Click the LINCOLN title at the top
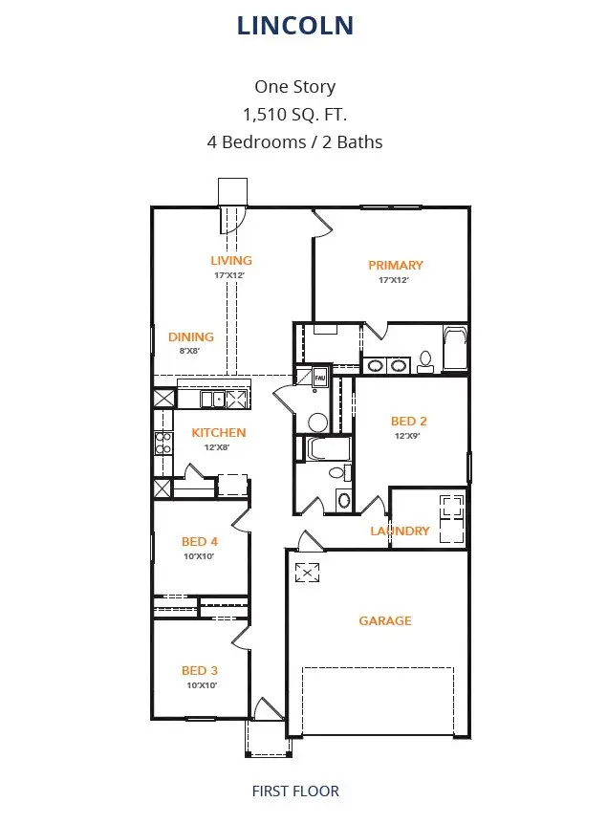[x=295, y=26]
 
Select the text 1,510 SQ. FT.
[x=294, y=115]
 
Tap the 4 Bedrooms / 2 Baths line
[x=294, y=142]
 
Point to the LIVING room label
[x=231, y=260]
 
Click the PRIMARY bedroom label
[x=396, y=265]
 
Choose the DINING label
[x=191, y=336]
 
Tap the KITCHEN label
[x=219, y=432]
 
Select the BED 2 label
[x=408, y=421]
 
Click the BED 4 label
[x=200, y=542]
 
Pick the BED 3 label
[x=200, y=670]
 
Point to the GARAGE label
[x=385, y=620]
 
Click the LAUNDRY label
[x=400, y=531]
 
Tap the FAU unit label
[x=320, y=379]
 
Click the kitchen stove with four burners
[x=163, y=443]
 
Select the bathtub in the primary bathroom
[x=455, y=350]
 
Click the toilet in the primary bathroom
[x=425, y=359]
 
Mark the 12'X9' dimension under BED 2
[x=408, y=435]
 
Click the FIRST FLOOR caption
[x=295, y=791]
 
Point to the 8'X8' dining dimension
[x=189, y=351]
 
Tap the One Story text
[x=294, y=87]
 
